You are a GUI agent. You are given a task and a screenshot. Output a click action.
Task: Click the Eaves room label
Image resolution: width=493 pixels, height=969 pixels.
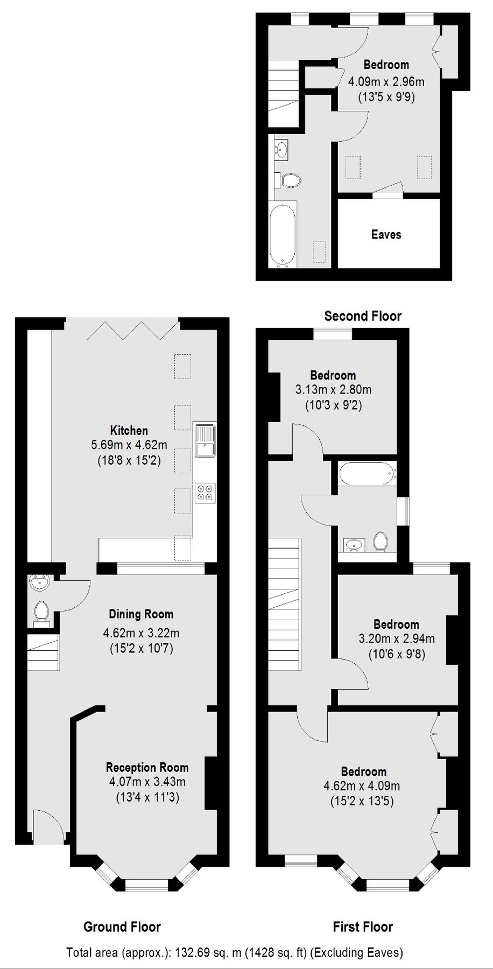(386, 234)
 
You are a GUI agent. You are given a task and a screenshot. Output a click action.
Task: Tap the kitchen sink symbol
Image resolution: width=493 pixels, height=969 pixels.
(205, 440)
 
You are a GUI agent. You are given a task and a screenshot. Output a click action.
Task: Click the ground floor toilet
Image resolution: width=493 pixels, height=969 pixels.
(41, 612)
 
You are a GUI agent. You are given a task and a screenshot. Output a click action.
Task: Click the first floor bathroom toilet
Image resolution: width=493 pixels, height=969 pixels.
(381, 541)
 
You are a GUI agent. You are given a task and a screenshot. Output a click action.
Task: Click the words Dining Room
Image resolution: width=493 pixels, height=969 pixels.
(141, 614)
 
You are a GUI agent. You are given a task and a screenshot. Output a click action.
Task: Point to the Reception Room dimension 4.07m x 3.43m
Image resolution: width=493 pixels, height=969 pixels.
(147, 782)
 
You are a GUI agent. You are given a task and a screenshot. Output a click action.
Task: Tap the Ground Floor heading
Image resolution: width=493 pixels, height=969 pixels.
(122, 926)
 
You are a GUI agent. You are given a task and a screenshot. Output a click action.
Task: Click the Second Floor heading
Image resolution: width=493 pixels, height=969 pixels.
(363, 316)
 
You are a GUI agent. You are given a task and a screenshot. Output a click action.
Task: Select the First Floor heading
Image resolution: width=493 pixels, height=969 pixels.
(363, 926)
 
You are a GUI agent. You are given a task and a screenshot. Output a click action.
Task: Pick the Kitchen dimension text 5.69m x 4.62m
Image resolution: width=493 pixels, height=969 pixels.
(129, 445)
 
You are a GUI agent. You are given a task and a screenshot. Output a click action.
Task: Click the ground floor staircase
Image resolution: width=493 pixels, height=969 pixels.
(43, 652)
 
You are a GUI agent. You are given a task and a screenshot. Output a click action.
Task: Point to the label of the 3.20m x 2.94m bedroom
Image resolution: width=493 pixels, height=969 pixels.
(396, 624)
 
